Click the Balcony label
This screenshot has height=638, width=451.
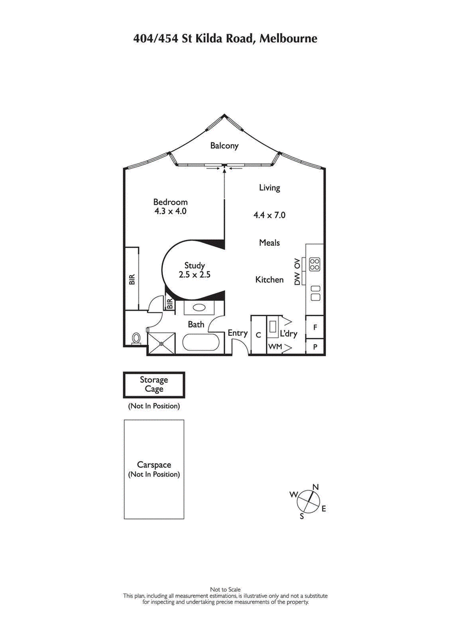click(x=224, y=145)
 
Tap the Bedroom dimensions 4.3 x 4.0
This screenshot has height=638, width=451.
click(x=170, y=212)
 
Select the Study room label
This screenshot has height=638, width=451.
click(x=194, y=265)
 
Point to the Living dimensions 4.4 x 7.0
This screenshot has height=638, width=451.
click(x=269, y=215)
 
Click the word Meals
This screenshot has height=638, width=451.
click(x=269, y=243)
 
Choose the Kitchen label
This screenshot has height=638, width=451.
click(x=269, y=280)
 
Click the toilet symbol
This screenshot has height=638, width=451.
click(x=136, y=338)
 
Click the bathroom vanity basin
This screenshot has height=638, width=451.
click(x=199, y=308)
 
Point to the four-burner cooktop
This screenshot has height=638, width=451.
click(x=315, y=263)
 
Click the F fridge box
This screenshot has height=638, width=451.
click(x=315, y=327)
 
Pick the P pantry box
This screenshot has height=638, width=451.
click(x=315, y=347)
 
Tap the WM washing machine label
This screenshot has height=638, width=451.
click(x=274, y=347)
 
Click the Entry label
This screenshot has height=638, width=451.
click(x=237, y=333)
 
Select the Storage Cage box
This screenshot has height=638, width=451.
click(x=154, y=384)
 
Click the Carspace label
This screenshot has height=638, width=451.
click(x=154, y=465)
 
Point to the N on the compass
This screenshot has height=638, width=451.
click(x=316, y=487)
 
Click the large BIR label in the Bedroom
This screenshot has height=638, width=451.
click(x=132, y=279)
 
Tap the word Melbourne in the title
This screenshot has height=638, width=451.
click(x=289, y=39)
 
